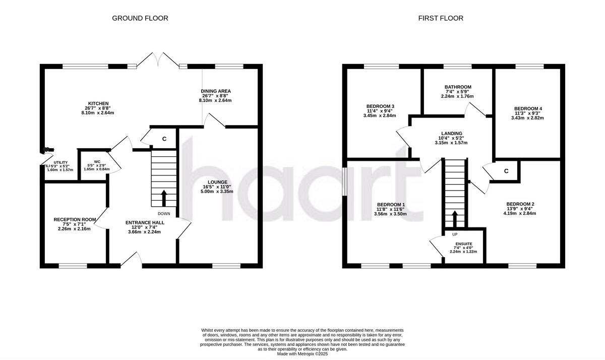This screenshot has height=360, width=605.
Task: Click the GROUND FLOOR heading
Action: pyautogui.click(x=140, y=18)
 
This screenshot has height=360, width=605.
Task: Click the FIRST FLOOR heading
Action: pyautogui.click(x=440, y=18)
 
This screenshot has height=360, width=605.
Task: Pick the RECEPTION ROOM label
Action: pyautogui.click(x=75, y=219)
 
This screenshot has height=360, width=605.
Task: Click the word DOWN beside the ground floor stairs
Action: pyautogui.click(x=164, y=213)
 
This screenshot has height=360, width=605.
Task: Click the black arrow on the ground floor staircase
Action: pyautogui.click(x=163, y=198)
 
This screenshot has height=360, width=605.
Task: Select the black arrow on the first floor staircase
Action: pyautogui.click(x=455, y=219)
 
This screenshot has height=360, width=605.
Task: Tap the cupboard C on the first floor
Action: pyautogui.click(x=506, y=171)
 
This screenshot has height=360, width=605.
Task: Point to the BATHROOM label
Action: pyautogui.click(x=458, y=87)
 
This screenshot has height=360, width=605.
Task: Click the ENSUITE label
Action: pyautogui.click(x=463, y=244)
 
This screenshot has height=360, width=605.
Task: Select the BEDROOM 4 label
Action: pyautogui.click(x=528, y=108)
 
